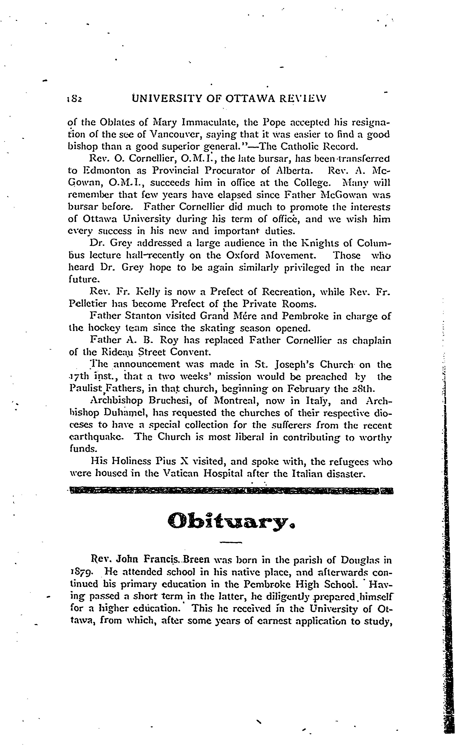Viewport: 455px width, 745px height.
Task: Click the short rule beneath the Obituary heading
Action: tap(231, 543)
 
